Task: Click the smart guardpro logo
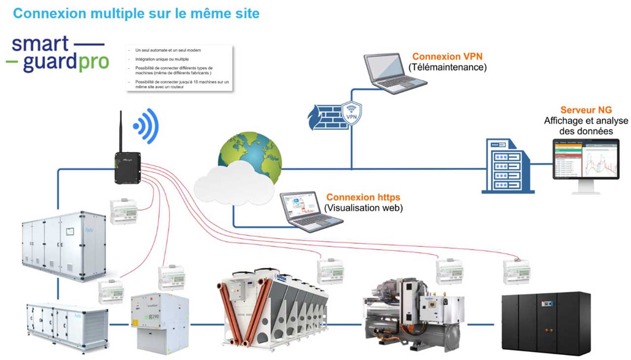point(57,53)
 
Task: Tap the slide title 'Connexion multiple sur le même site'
point(136,13)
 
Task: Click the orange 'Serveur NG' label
point(586,110)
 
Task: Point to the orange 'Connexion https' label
point(363,197)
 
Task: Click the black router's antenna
point(120,131)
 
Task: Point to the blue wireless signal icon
point(146,126)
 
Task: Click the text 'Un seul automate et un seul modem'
point(168,50)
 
